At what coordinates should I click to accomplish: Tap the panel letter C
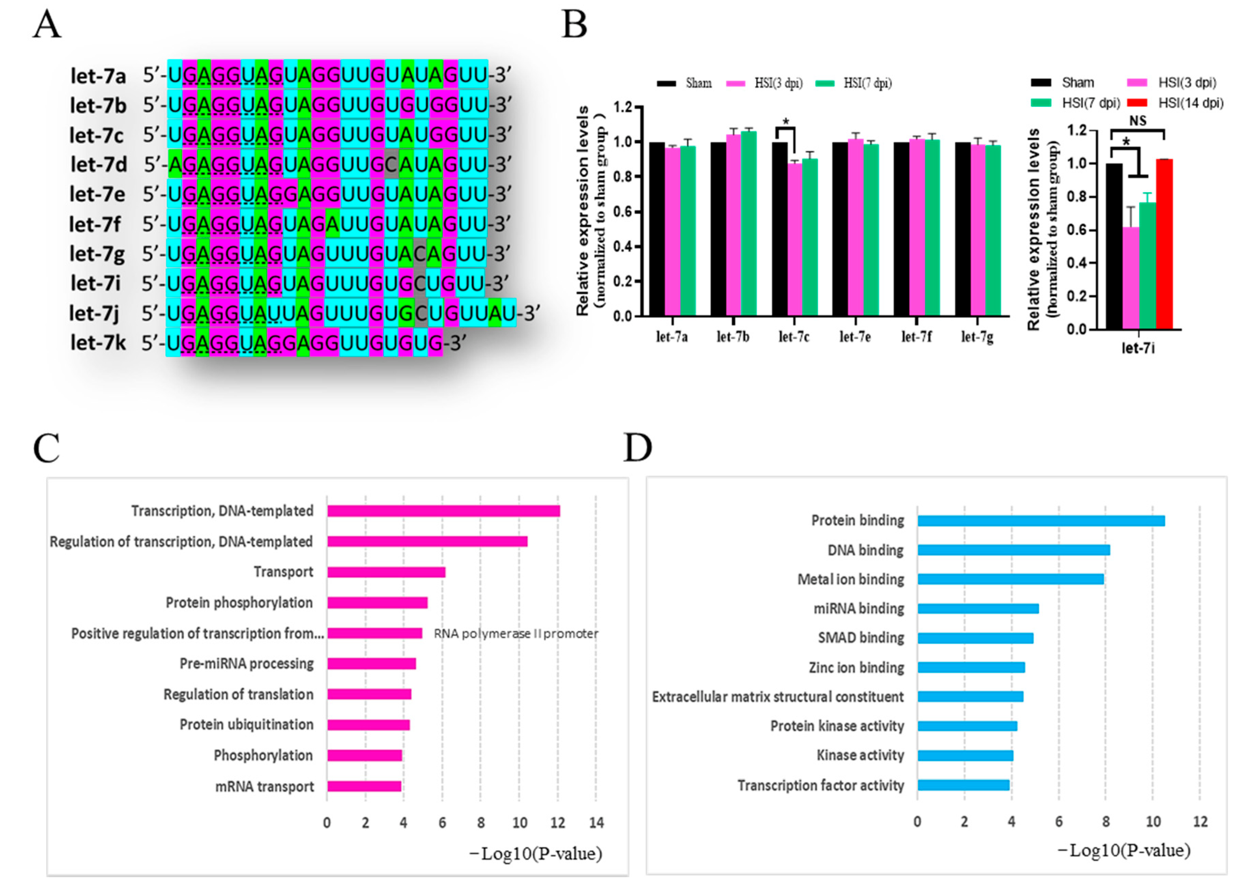[46, 449]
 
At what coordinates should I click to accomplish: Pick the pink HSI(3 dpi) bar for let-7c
[795, 240]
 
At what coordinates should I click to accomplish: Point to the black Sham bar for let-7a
[657, 229]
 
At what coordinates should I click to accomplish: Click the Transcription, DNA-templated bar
[443, 511]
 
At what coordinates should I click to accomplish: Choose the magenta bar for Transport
[386, 572]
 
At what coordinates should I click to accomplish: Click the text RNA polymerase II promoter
[516, 634]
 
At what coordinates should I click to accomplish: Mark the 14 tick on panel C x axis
[596, 823]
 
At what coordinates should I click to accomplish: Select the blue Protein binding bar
[1041, 521]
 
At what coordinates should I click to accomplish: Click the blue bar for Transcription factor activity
[964, 785]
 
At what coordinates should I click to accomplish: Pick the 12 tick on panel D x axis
[1200, 821]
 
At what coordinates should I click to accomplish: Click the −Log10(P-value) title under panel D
[1124, 851]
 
